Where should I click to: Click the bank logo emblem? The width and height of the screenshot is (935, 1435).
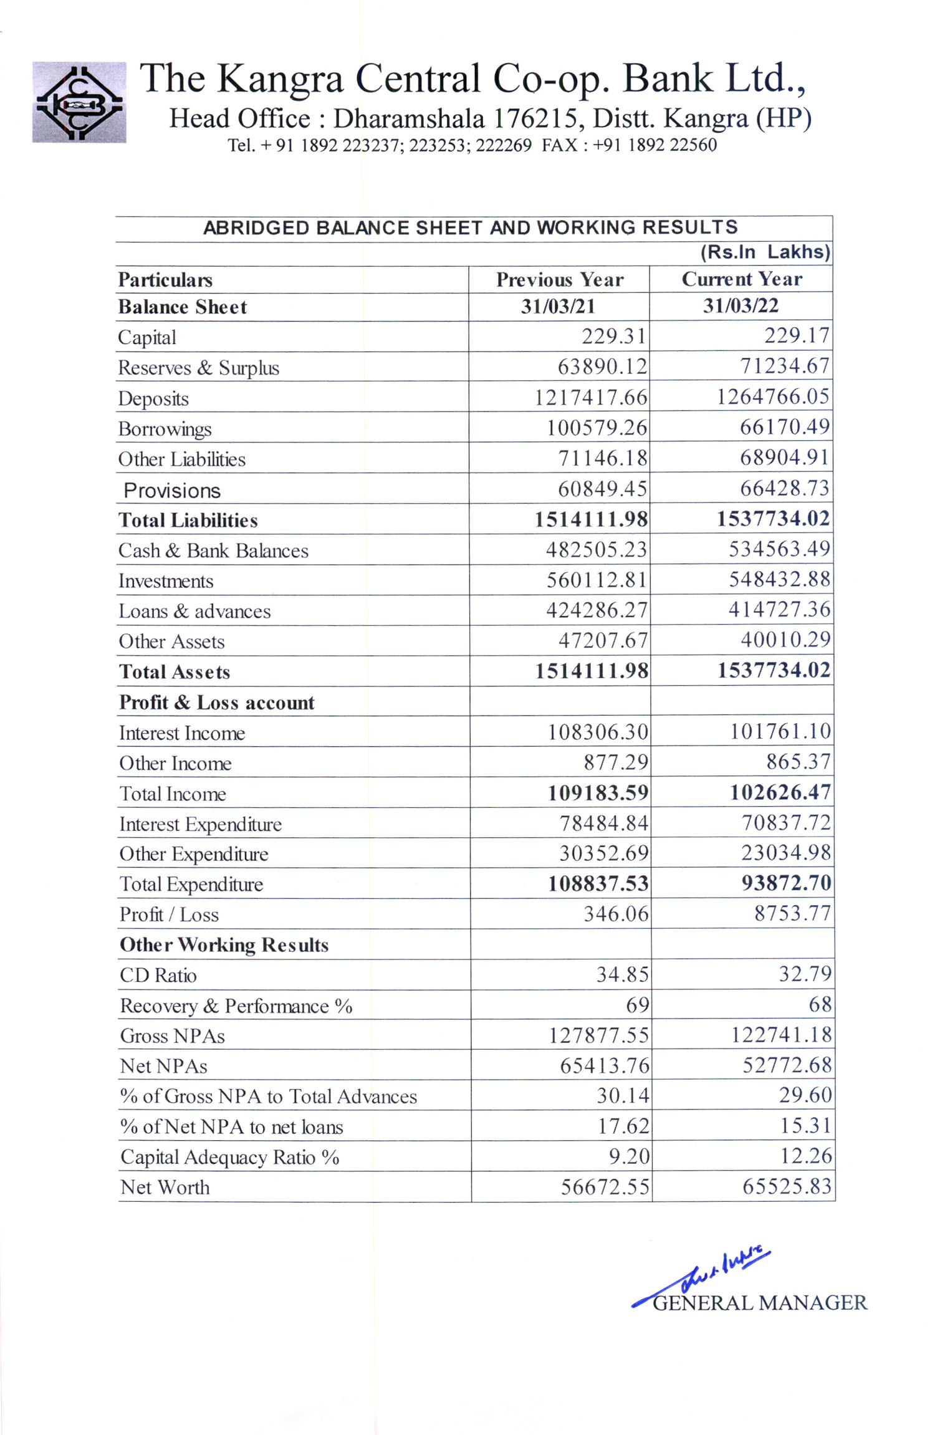79,102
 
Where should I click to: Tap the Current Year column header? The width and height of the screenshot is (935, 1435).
742,279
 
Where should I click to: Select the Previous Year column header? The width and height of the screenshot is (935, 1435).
560,280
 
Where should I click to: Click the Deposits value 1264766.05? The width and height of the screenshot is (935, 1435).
773,396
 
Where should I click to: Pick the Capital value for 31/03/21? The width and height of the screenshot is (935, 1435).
614,337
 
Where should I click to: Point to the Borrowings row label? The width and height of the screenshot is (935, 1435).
165,429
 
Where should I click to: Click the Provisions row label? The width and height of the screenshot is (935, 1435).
172,491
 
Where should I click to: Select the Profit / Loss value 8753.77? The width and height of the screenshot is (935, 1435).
793,913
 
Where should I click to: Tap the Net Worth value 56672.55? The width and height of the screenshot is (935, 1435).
605,1186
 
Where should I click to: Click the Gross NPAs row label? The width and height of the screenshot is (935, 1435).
173,1035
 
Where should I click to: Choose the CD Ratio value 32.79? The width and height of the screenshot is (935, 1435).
805,974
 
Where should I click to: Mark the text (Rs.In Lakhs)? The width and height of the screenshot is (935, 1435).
765,252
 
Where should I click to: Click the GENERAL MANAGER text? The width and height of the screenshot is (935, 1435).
760,1303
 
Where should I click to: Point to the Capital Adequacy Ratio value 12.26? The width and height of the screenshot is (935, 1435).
806,1156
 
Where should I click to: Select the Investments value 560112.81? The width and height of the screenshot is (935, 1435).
597,580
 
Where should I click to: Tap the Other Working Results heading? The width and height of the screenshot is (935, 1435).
224,945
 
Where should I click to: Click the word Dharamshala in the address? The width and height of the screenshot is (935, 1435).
409,118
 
